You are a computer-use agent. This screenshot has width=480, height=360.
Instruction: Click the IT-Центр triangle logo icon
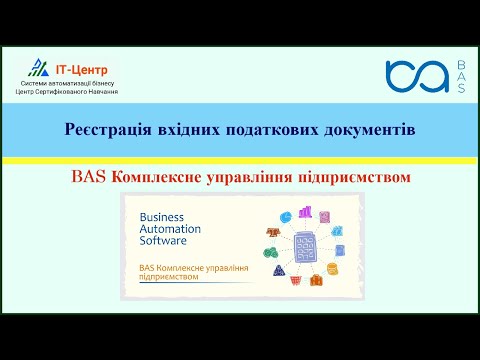[37, 67]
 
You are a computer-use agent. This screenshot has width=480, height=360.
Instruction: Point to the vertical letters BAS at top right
[461, 76]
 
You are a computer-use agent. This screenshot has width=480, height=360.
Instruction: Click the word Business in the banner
[164, 215]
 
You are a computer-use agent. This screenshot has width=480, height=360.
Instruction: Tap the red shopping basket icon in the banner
[316, 279]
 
